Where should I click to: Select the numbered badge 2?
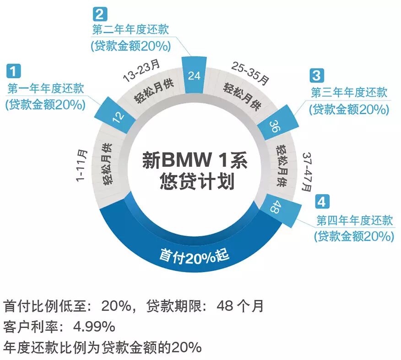(x=101, y=13)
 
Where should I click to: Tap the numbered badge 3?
(x=316, y=75)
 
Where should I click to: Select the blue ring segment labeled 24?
(x=194, y=75)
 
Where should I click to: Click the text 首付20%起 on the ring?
(x=195, y=255)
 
